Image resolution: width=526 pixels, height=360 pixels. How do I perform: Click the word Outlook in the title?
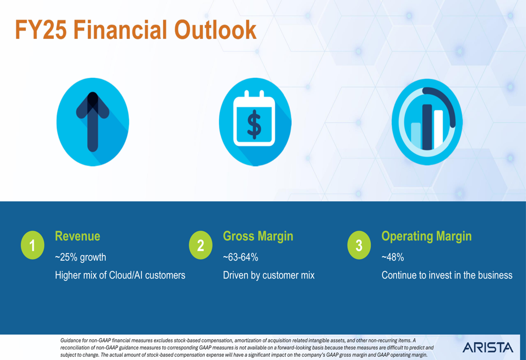pos(215,30)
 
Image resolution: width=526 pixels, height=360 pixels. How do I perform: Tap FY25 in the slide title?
pos(41,30)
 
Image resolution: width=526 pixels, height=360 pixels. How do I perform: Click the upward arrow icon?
pos(93,122)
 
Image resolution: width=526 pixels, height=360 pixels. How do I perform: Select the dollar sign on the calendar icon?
pos(254,124)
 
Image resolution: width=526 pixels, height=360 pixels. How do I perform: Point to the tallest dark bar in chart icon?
pos(427,127)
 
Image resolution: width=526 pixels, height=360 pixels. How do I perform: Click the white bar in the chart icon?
pos(439,129)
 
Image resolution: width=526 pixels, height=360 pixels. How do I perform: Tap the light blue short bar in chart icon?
pos(416,136)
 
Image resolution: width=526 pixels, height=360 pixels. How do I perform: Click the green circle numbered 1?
pos(33,245)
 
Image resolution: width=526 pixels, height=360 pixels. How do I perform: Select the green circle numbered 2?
pos(200,245)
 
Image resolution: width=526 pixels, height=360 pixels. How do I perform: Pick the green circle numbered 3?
pos(359,245)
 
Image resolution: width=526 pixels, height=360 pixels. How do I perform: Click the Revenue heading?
pos(77,236)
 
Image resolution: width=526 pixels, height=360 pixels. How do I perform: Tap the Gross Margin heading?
pos(258,236)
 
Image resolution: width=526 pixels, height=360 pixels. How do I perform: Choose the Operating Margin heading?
pos(427,236)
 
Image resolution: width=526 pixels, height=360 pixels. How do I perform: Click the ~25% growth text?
pos(80,258)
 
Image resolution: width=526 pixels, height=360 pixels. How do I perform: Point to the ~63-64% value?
pos(240,257)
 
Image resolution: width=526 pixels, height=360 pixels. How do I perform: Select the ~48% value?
pos(392,257)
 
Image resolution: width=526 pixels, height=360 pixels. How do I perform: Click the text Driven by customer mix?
pos(269,275)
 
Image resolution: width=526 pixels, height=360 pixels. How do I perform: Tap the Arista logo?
pos(488,347)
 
